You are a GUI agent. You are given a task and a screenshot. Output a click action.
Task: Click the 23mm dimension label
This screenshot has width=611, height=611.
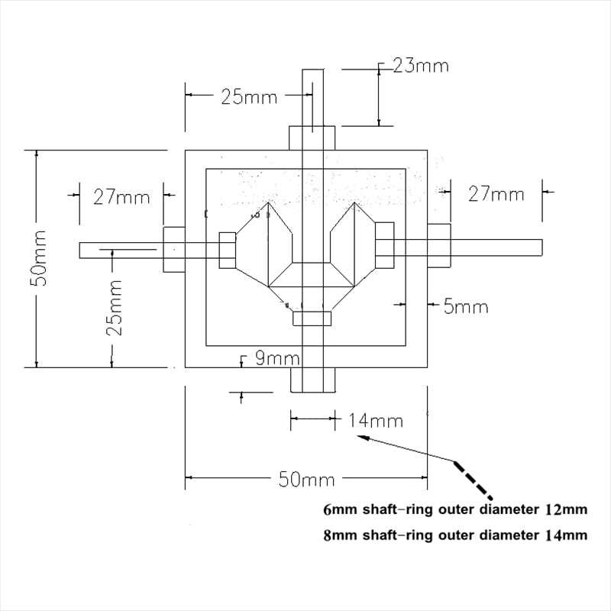(x=421, y=66)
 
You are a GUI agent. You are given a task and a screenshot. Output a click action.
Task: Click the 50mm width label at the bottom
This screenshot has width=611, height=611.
(x=305, y=480)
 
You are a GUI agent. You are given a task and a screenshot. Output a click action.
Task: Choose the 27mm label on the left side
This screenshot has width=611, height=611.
(x=121, y=196)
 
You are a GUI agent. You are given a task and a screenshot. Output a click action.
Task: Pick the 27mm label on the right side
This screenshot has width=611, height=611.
(x=496, y=195)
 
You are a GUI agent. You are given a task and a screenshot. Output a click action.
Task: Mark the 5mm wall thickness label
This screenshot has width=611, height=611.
(x=465, y=307)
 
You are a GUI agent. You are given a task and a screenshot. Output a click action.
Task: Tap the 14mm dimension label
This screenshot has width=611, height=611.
(x=375, y=420)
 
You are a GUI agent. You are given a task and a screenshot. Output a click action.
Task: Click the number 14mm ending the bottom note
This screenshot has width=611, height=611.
(x=566, y=535)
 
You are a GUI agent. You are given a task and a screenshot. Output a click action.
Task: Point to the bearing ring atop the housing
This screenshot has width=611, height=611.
(x=313, y=138)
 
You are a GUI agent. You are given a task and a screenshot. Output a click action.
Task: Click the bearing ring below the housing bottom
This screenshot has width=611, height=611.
(x=313, y=380)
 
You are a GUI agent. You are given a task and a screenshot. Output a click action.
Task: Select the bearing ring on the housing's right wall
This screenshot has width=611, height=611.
(x=438, y=245)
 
